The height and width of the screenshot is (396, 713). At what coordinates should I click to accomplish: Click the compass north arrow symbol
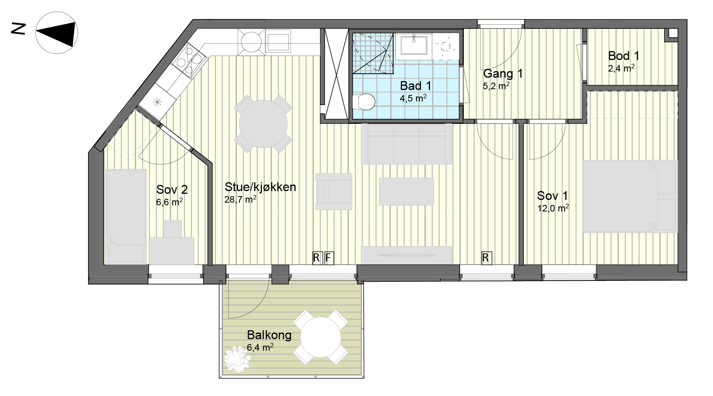tap(57, 33)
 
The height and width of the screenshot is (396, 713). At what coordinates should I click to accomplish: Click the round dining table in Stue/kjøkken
tap(263, 124)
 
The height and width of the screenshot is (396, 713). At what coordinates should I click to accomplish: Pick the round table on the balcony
tap(320, 337)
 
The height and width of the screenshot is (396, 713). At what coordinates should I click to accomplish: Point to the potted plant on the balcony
tap(237, 359)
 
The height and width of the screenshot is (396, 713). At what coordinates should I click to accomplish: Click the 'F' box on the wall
tap(328, 258)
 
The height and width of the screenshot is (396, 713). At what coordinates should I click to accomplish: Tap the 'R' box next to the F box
tap(317, 258)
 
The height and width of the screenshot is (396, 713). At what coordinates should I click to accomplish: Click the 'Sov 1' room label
tap(552, 196)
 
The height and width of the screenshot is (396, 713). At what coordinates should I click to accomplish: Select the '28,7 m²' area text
tap(240, 199)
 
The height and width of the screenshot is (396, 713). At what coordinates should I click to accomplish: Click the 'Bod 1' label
tap(623, 56)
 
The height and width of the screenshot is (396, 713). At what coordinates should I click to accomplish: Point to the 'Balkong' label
tap(269, 335)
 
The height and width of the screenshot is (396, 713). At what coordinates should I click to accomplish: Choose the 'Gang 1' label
tap(503, 73)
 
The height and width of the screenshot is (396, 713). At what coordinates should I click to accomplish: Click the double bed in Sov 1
tap(630, 196)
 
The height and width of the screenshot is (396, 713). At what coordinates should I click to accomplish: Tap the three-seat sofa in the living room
tap(406, 144)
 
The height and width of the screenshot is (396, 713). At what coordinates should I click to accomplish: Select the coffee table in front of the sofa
tap(406, 191)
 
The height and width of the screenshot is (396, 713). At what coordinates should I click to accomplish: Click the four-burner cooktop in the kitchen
tap(190, 60)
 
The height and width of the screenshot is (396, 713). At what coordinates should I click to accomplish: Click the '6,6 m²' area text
tap(169, 202)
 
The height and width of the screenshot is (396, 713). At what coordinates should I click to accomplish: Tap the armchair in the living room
tap(334, 191)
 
